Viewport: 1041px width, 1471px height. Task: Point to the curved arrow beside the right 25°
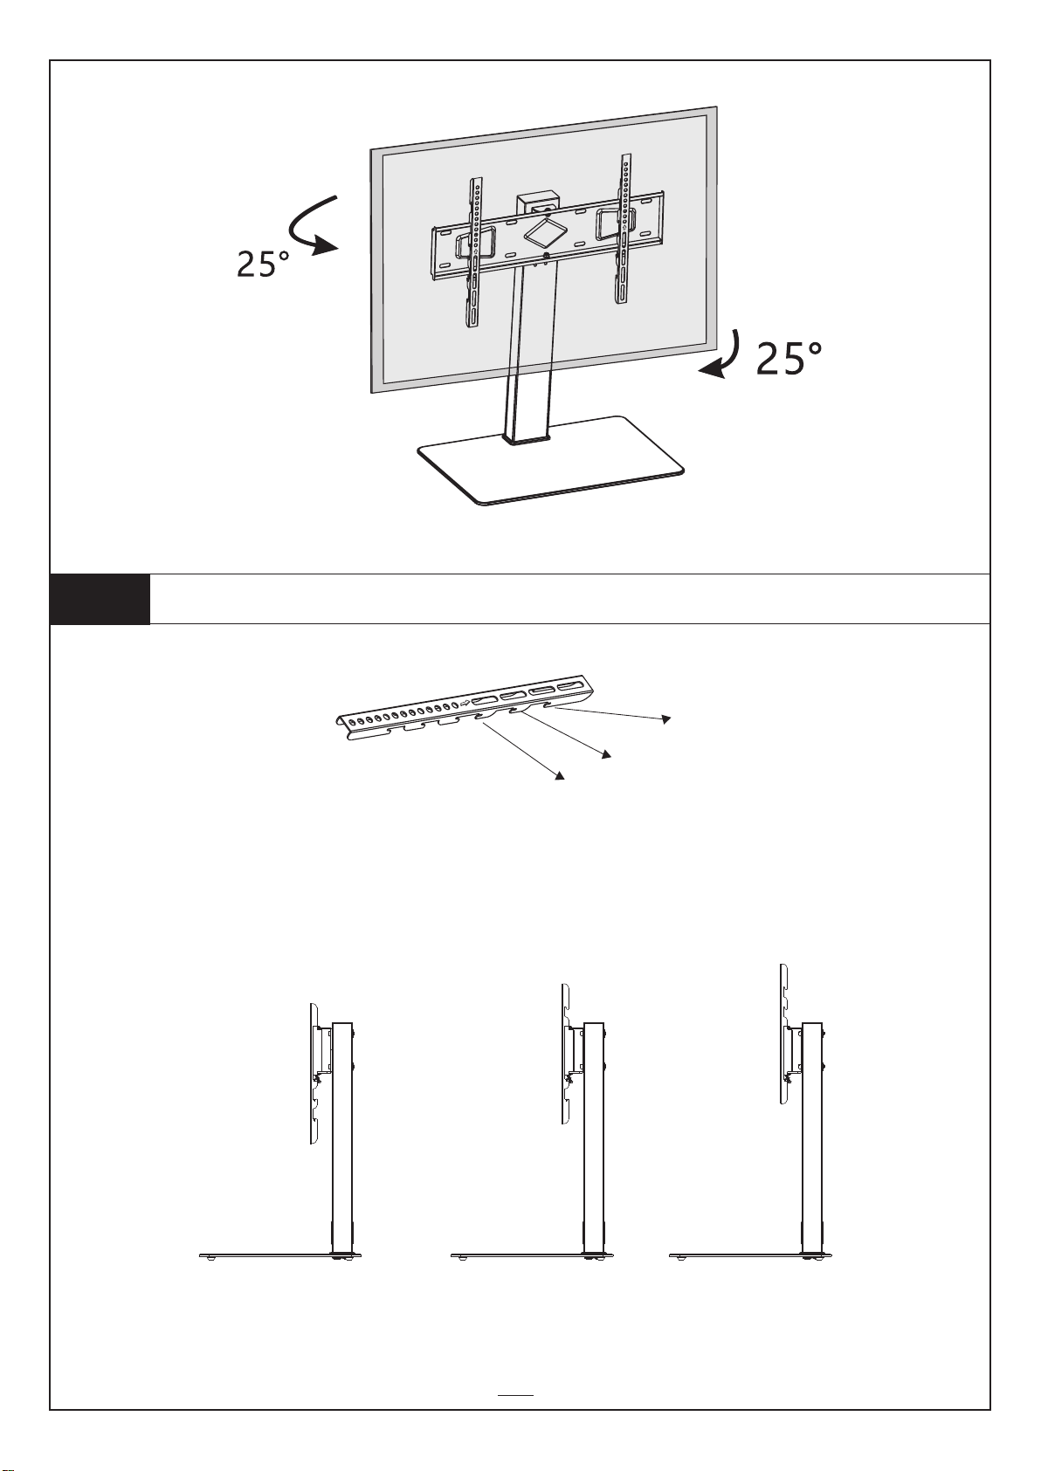pyautogui.click(x=723, y=358)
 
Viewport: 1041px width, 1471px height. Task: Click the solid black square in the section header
pyautogui.click(x=100, y=599)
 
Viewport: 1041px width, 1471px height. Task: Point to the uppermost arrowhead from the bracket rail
pyautogui.click(x=666, y=718)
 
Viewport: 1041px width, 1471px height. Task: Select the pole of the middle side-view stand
pyautogui.click(x=595, y=1135)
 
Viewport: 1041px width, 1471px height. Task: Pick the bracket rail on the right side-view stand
pyautogui.click(x=783, y=1035)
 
